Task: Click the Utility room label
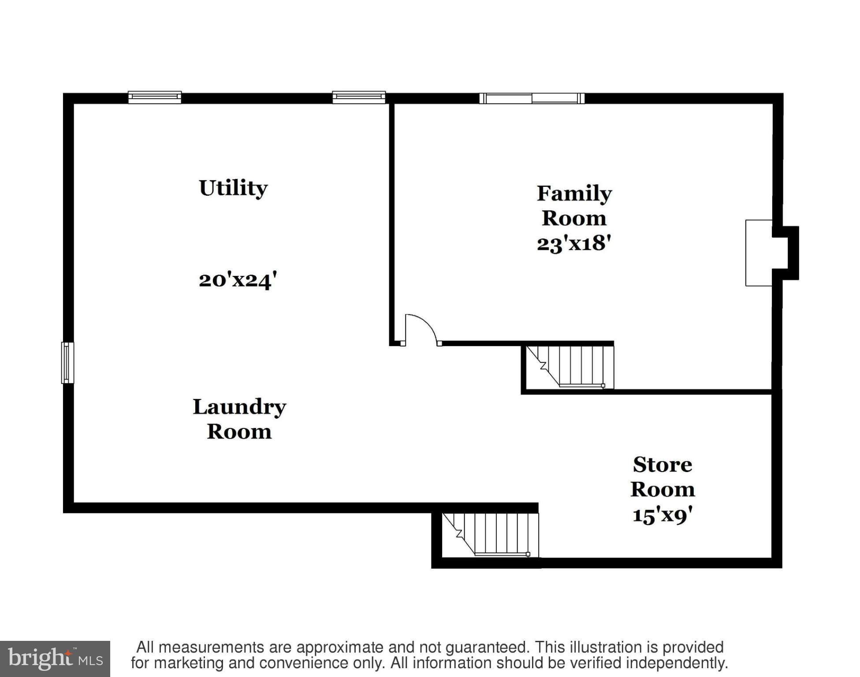[233, 189]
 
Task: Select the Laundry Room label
[239, 419]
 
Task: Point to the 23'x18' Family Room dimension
[573, 243]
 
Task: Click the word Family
[574, 193]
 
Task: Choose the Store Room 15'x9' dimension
[662, 515]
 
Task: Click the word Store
[662, 465]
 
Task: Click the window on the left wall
[67, 362]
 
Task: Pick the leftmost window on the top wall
[155, 97]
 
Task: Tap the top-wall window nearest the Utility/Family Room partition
[359, 97]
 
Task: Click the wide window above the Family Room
[532, 98]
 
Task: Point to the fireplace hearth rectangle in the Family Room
[758, 253]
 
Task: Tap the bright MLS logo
[55, 658]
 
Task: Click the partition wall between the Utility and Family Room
[391, 220]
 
